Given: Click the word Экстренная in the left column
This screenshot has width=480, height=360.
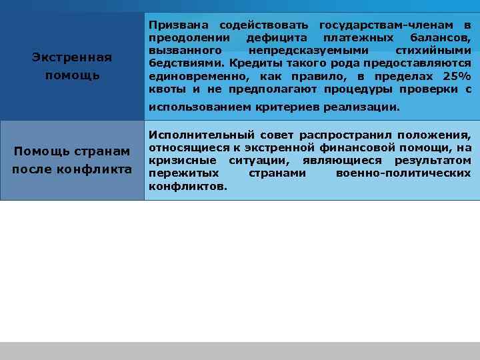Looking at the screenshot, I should (72, 58).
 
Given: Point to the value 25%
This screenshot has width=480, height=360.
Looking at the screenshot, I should (457, 76).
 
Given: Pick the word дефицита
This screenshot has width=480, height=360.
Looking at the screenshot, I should (272, 37).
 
